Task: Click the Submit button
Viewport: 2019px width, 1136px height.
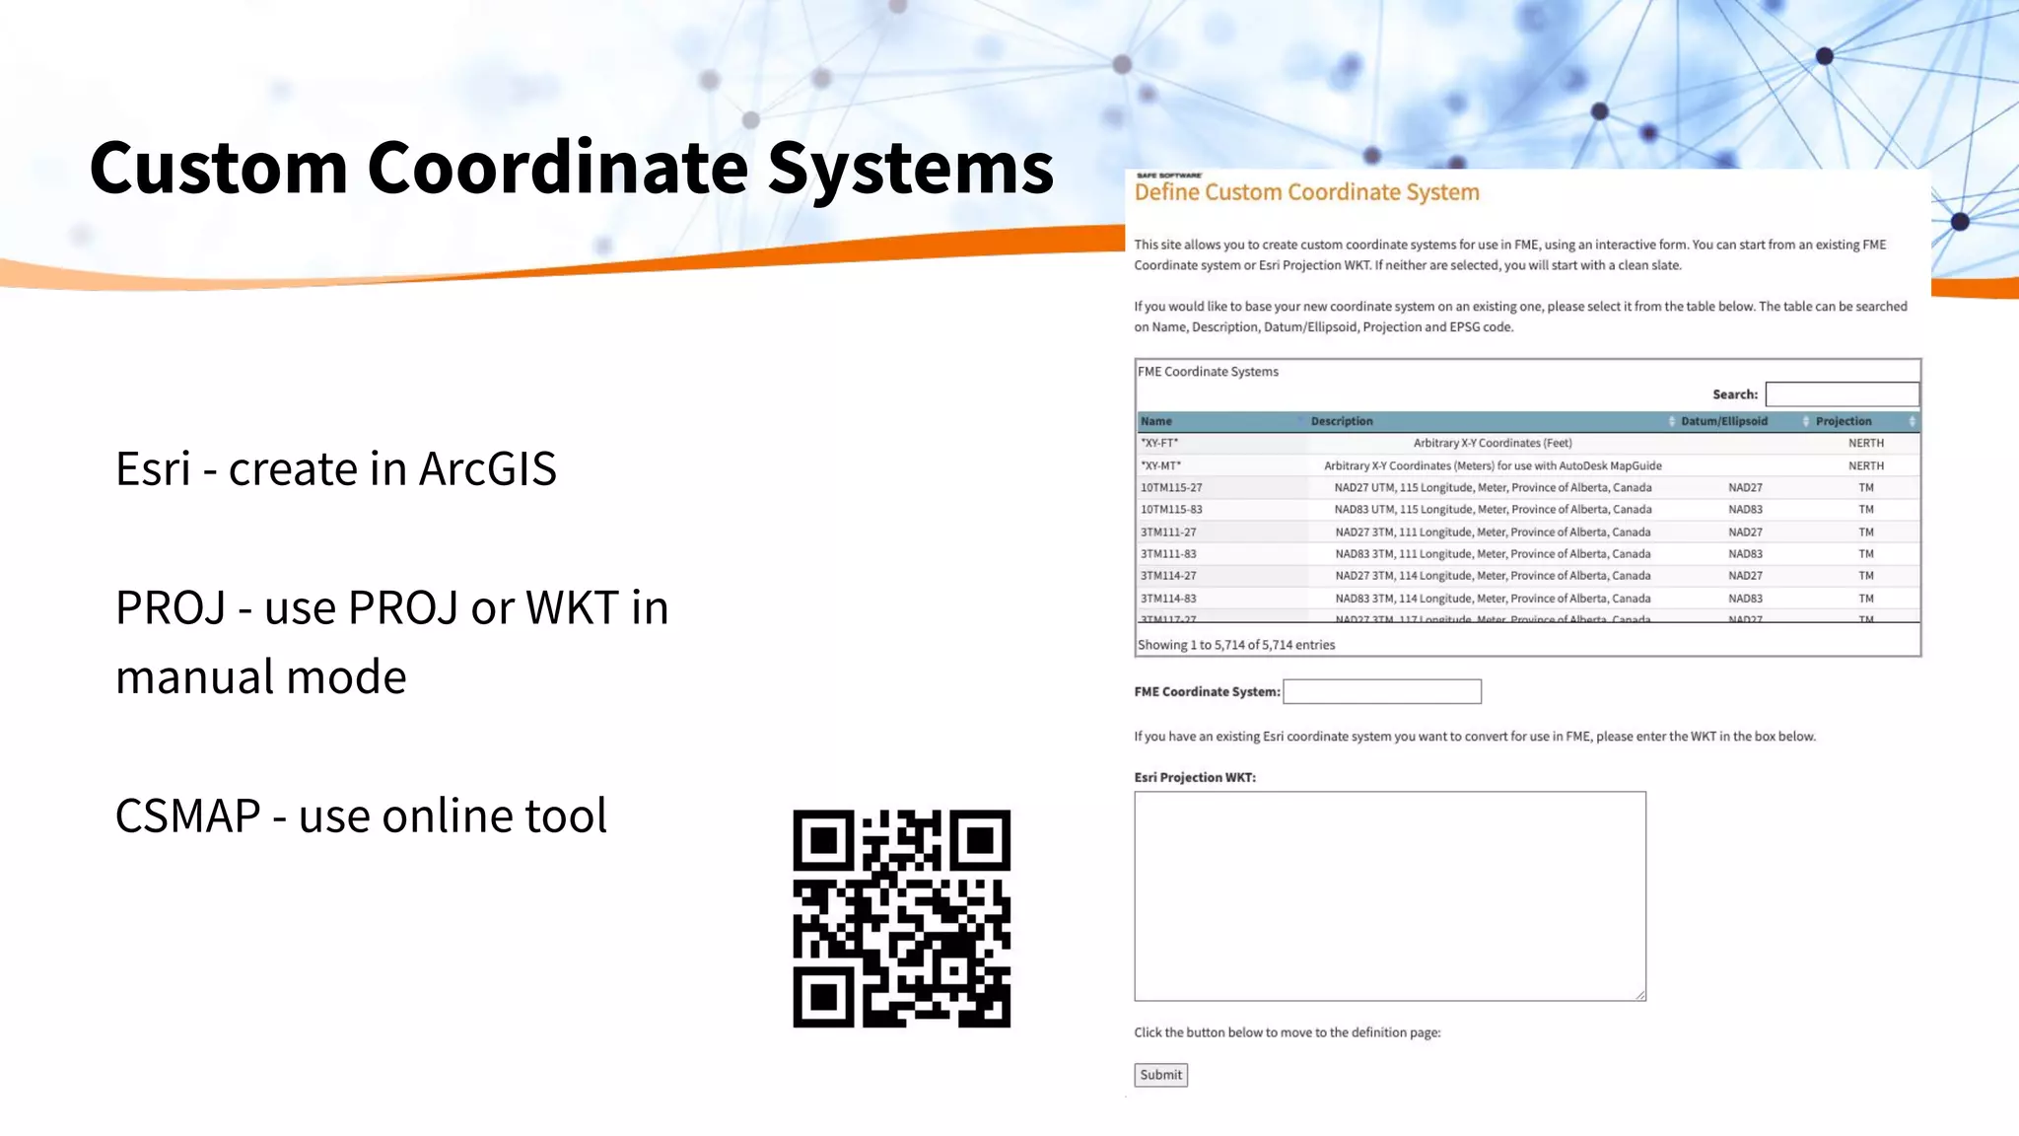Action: click(x=1160, y=1075)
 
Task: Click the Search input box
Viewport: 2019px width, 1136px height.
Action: click(x=1842, y=394)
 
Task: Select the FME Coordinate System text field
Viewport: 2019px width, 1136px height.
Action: click(x=1381, y=691)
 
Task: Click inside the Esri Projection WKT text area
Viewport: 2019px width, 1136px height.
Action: click(x=1389, y=895)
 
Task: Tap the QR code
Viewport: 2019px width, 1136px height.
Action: click(x=901, y=919)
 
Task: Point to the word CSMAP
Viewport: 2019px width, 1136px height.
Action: click(x=187, y=816)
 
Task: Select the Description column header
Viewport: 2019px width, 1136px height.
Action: click(x=1341, y=421)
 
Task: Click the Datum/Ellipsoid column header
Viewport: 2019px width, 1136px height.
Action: click(x=1723, y=421)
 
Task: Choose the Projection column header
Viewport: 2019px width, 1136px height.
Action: click(x=1843, y=421)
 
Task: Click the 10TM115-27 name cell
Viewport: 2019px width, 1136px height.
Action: click(x=1171, y=487)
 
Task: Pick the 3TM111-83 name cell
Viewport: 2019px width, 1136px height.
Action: click(x=1168, y=554)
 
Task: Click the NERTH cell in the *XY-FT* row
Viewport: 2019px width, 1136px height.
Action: click(x=1865, y=443)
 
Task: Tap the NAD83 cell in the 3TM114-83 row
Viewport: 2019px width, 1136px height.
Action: click(x=1745, y=599)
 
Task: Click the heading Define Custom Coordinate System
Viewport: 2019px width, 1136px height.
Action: click(x=1306, y=192)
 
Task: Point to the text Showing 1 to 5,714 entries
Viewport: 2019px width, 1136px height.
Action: click(x=1236, y=645)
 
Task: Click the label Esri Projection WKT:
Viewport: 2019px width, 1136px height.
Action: click(x=1195, y=777)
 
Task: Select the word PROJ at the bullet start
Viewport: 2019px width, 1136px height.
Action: click(x=170, y=608)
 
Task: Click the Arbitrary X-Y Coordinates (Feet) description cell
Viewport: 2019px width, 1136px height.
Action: click(x=1492, y=443)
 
